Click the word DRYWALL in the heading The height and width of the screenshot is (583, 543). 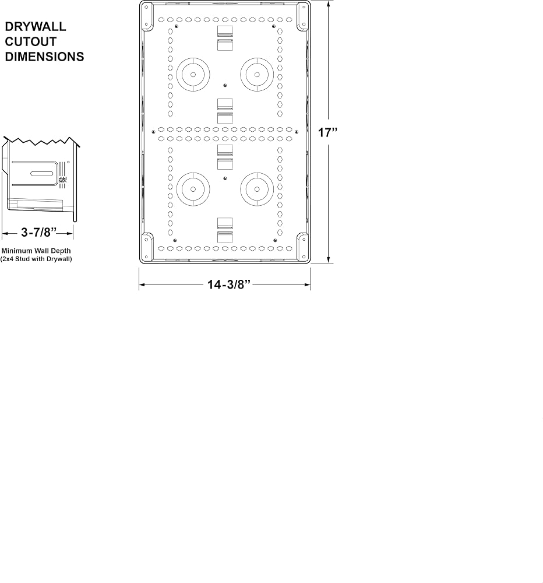(36, 26)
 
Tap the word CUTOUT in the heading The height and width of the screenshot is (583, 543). (30, 41)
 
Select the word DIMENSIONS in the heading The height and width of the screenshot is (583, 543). (45, 57)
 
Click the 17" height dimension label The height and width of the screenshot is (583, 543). (327, 132)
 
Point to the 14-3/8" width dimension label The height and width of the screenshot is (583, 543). (229, 285)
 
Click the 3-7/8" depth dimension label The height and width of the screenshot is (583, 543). (38, 233)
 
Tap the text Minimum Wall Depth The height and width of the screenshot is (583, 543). (36, 251)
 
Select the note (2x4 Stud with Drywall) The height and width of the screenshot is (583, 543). (36, 259)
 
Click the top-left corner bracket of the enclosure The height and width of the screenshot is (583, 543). (147, 17)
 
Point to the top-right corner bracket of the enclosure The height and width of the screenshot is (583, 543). (302, 17)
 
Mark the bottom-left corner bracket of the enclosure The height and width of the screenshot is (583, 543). (147, 247)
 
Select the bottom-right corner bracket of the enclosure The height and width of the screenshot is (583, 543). (302, 247)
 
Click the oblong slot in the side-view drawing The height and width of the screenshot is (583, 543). (41, 173)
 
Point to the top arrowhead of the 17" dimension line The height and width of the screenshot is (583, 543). (329, 3)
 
